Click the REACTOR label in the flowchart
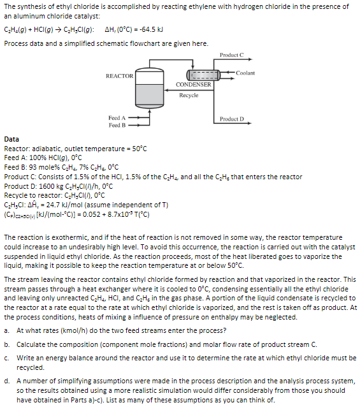[120, 76]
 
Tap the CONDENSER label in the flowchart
[194, 84]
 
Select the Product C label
[231, 55]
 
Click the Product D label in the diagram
[232, 119]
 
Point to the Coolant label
[245, 73]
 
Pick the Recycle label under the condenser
[189, 95]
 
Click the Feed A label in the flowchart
[117, 118]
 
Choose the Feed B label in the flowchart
[117, 125]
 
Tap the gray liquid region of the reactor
[149, 95]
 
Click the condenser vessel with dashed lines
[203, 75]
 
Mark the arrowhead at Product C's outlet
[250, 59]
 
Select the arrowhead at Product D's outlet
[250, 123]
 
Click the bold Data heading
[11, 139]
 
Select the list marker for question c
[6, 358]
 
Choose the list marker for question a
[6, 330]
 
